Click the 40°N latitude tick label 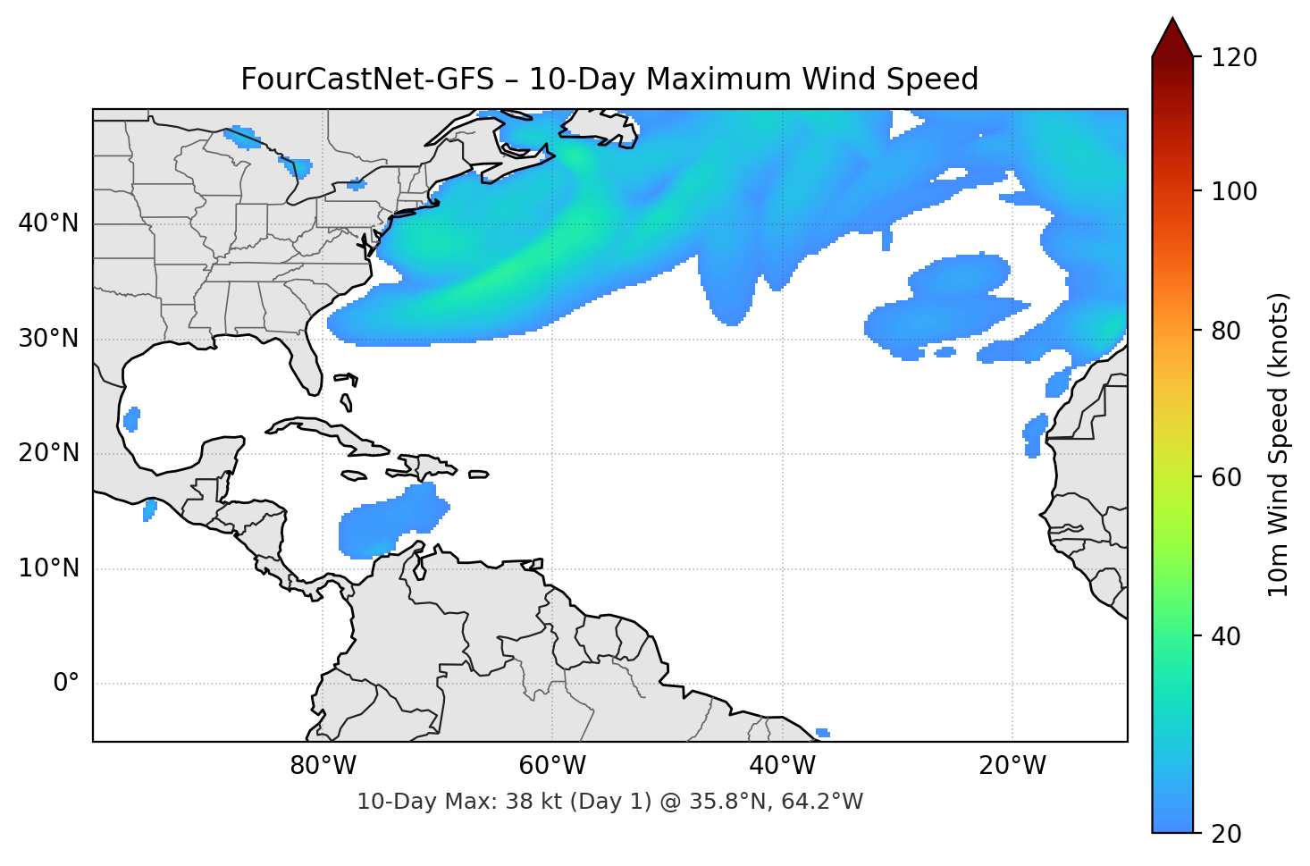(x=48, y=223)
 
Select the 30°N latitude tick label (x=48, y=339)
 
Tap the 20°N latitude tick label (x=48, y=453)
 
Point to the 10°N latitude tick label (x=48, y=568)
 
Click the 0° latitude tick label (x=65, y=684)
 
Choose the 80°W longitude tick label (x=323, y=766)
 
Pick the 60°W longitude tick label (x=552, y=766)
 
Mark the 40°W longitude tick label (x=782, y=766)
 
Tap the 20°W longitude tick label (x=1012, y=766)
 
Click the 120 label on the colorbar (x=1234, y=58)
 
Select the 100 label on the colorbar (x=1234, y=191)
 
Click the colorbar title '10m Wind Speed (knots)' (x=1279, y=445)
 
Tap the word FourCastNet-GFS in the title (x=366, y=80)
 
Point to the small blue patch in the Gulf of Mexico (x=131, y=418)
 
